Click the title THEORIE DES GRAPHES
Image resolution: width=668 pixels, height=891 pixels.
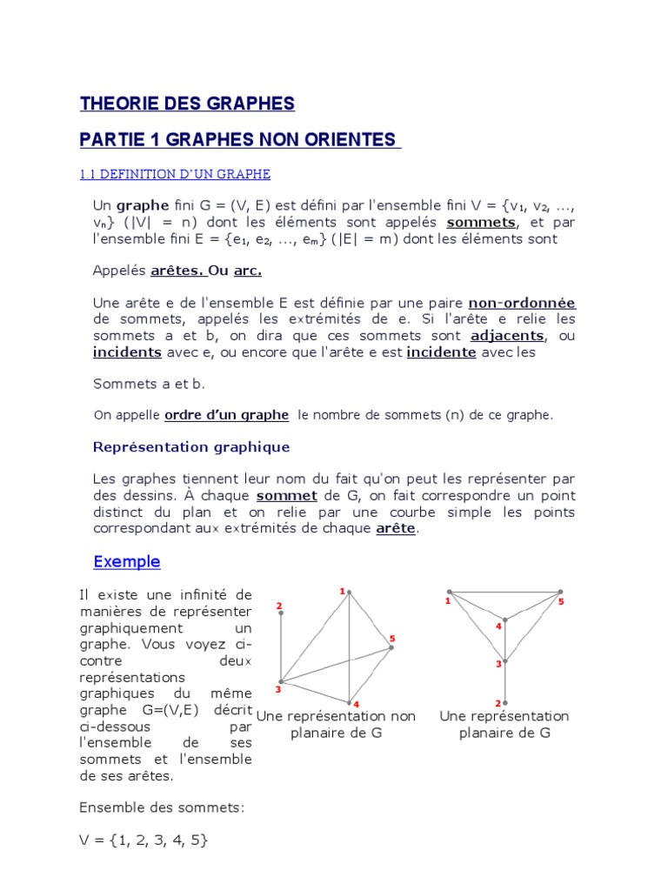[x=187, y=104]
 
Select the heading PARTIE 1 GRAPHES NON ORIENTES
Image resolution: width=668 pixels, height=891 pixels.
[x=240, y=140]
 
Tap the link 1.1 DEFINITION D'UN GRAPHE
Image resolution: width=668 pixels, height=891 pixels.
[x=175, y=174]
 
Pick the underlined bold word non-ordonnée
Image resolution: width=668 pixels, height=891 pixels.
[x=522, y=303]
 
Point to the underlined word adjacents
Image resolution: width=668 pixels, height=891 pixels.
[x=507, y=335]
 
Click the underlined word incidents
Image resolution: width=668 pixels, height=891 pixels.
[x=127, y=352]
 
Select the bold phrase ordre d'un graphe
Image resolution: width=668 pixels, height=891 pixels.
[x=226, y=415]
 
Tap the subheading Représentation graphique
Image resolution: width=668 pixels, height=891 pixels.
[x=191, y=447]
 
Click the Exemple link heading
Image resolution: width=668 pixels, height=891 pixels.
[x=127, y=561]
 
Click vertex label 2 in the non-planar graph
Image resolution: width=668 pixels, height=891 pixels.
[x=279, y=606]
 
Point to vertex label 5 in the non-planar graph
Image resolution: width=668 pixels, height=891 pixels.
[x=392, y=639]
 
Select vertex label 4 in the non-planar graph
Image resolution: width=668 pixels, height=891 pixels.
[x=357, y=703]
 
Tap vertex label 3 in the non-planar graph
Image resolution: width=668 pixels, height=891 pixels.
[x=277, y=690]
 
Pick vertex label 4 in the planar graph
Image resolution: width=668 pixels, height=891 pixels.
[x=498, y=626]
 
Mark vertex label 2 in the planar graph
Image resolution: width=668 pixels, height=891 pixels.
[x=498, y=703]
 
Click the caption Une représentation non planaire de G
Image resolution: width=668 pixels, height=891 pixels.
[x=336, y=724]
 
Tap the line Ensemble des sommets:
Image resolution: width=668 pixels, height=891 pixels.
[x=162, y=807]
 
